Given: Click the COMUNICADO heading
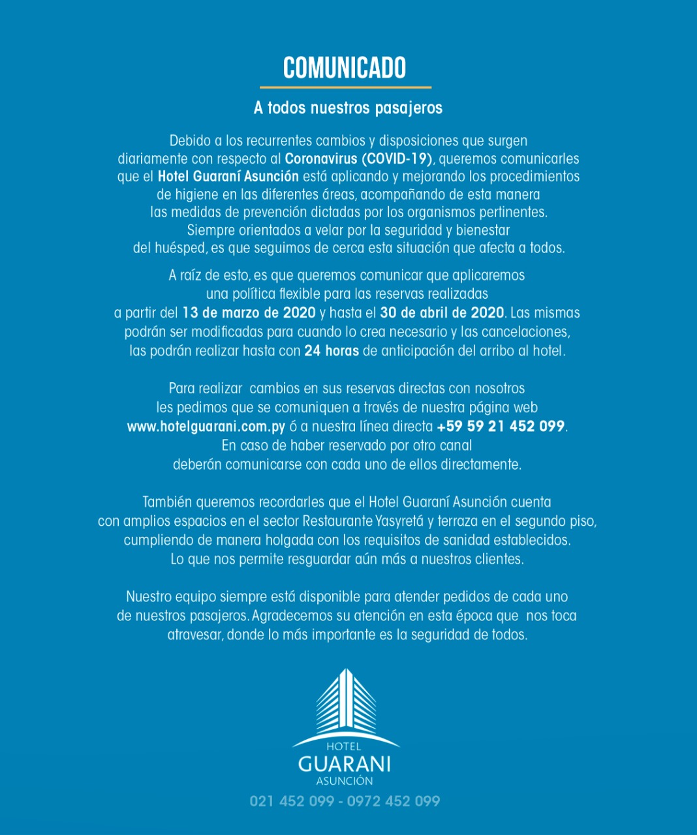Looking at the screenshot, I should point(345,68).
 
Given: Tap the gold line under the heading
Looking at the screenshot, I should point(345,87).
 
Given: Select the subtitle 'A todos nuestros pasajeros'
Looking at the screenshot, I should point(348,108).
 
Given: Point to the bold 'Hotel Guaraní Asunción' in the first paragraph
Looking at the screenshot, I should point(228,176).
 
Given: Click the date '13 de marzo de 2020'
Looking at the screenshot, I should point(249,313).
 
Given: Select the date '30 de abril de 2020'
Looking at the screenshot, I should point(442,313).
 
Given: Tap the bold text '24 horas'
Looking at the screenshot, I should point(332,351).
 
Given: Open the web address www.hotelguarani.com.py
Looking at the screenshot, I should point(206,427).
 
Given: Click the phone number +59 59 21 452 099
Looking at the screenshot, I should point(501,427).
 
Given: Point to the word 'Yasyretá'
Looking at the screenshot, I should point(400,521).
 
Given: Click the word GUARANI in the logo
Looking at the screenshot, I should point(344,764).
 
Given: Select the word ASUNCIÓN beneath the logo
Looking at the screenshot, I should point(345,781).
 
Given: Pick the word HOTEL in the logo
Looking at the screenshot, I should point(343,747).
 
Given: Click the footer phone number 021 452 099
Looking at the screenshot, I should point(292,801).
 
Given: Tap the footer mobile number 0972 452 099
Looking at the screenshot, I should point(394,801).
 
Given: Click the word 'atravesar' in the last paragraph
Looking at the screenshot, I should point(194,635).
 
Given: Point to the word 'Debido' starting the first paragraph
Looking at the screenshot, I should point(190,141).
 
